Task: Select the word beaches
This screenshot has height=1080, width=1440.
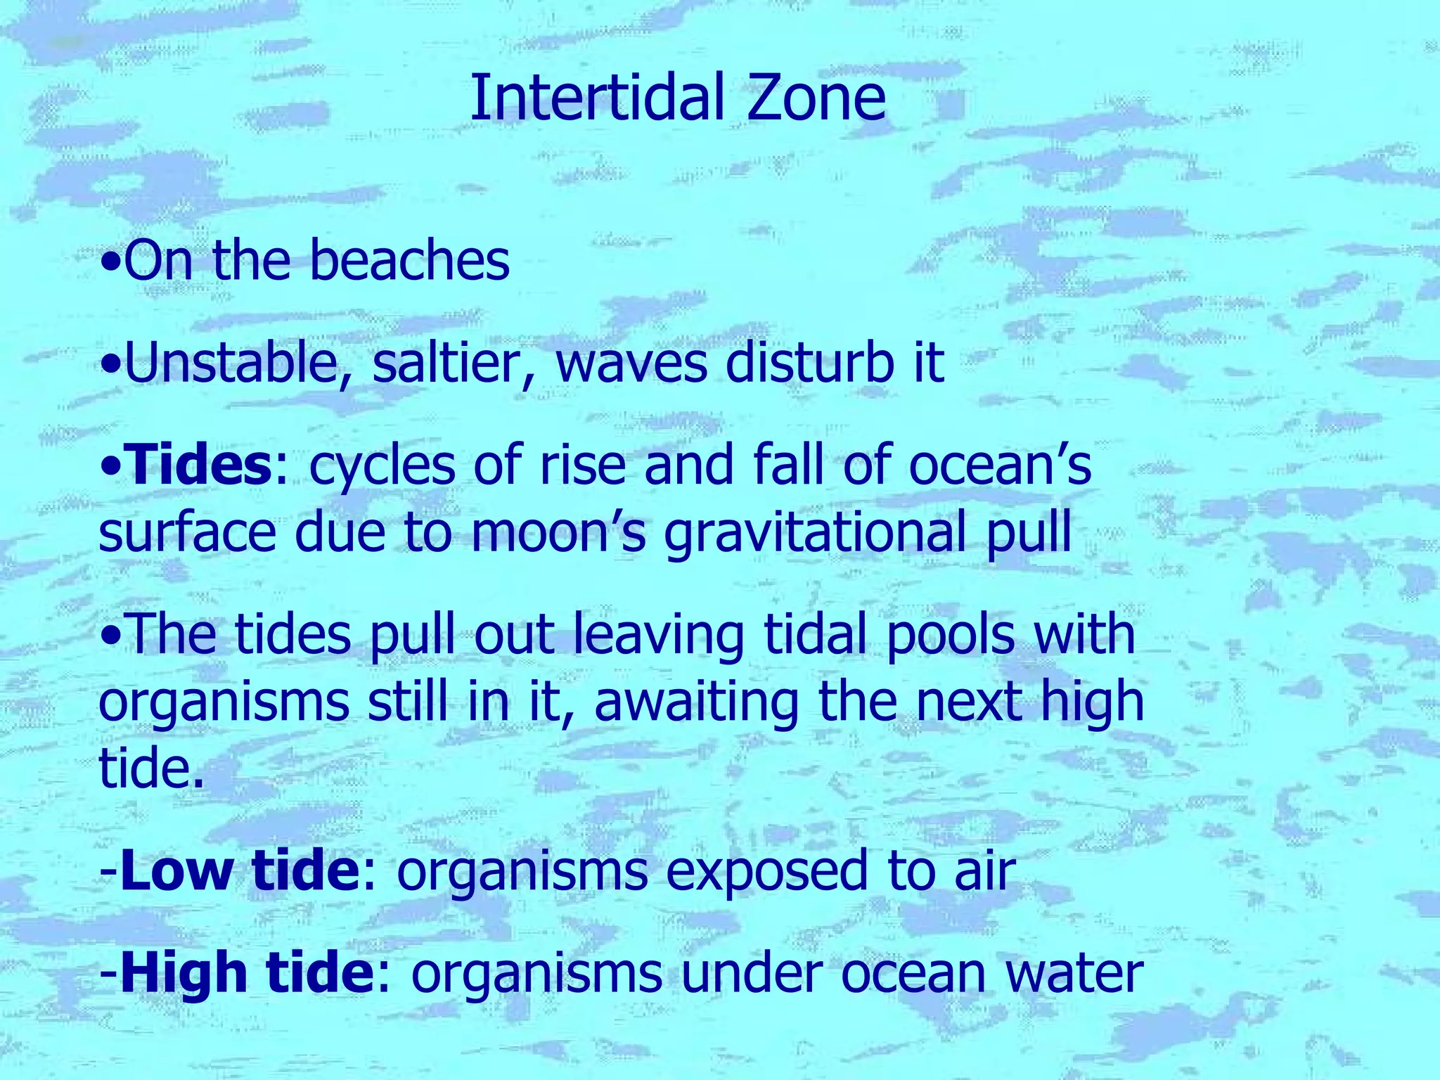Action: (409, 261)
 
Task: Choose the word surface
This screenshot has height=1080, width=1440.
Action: (187, 532)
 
